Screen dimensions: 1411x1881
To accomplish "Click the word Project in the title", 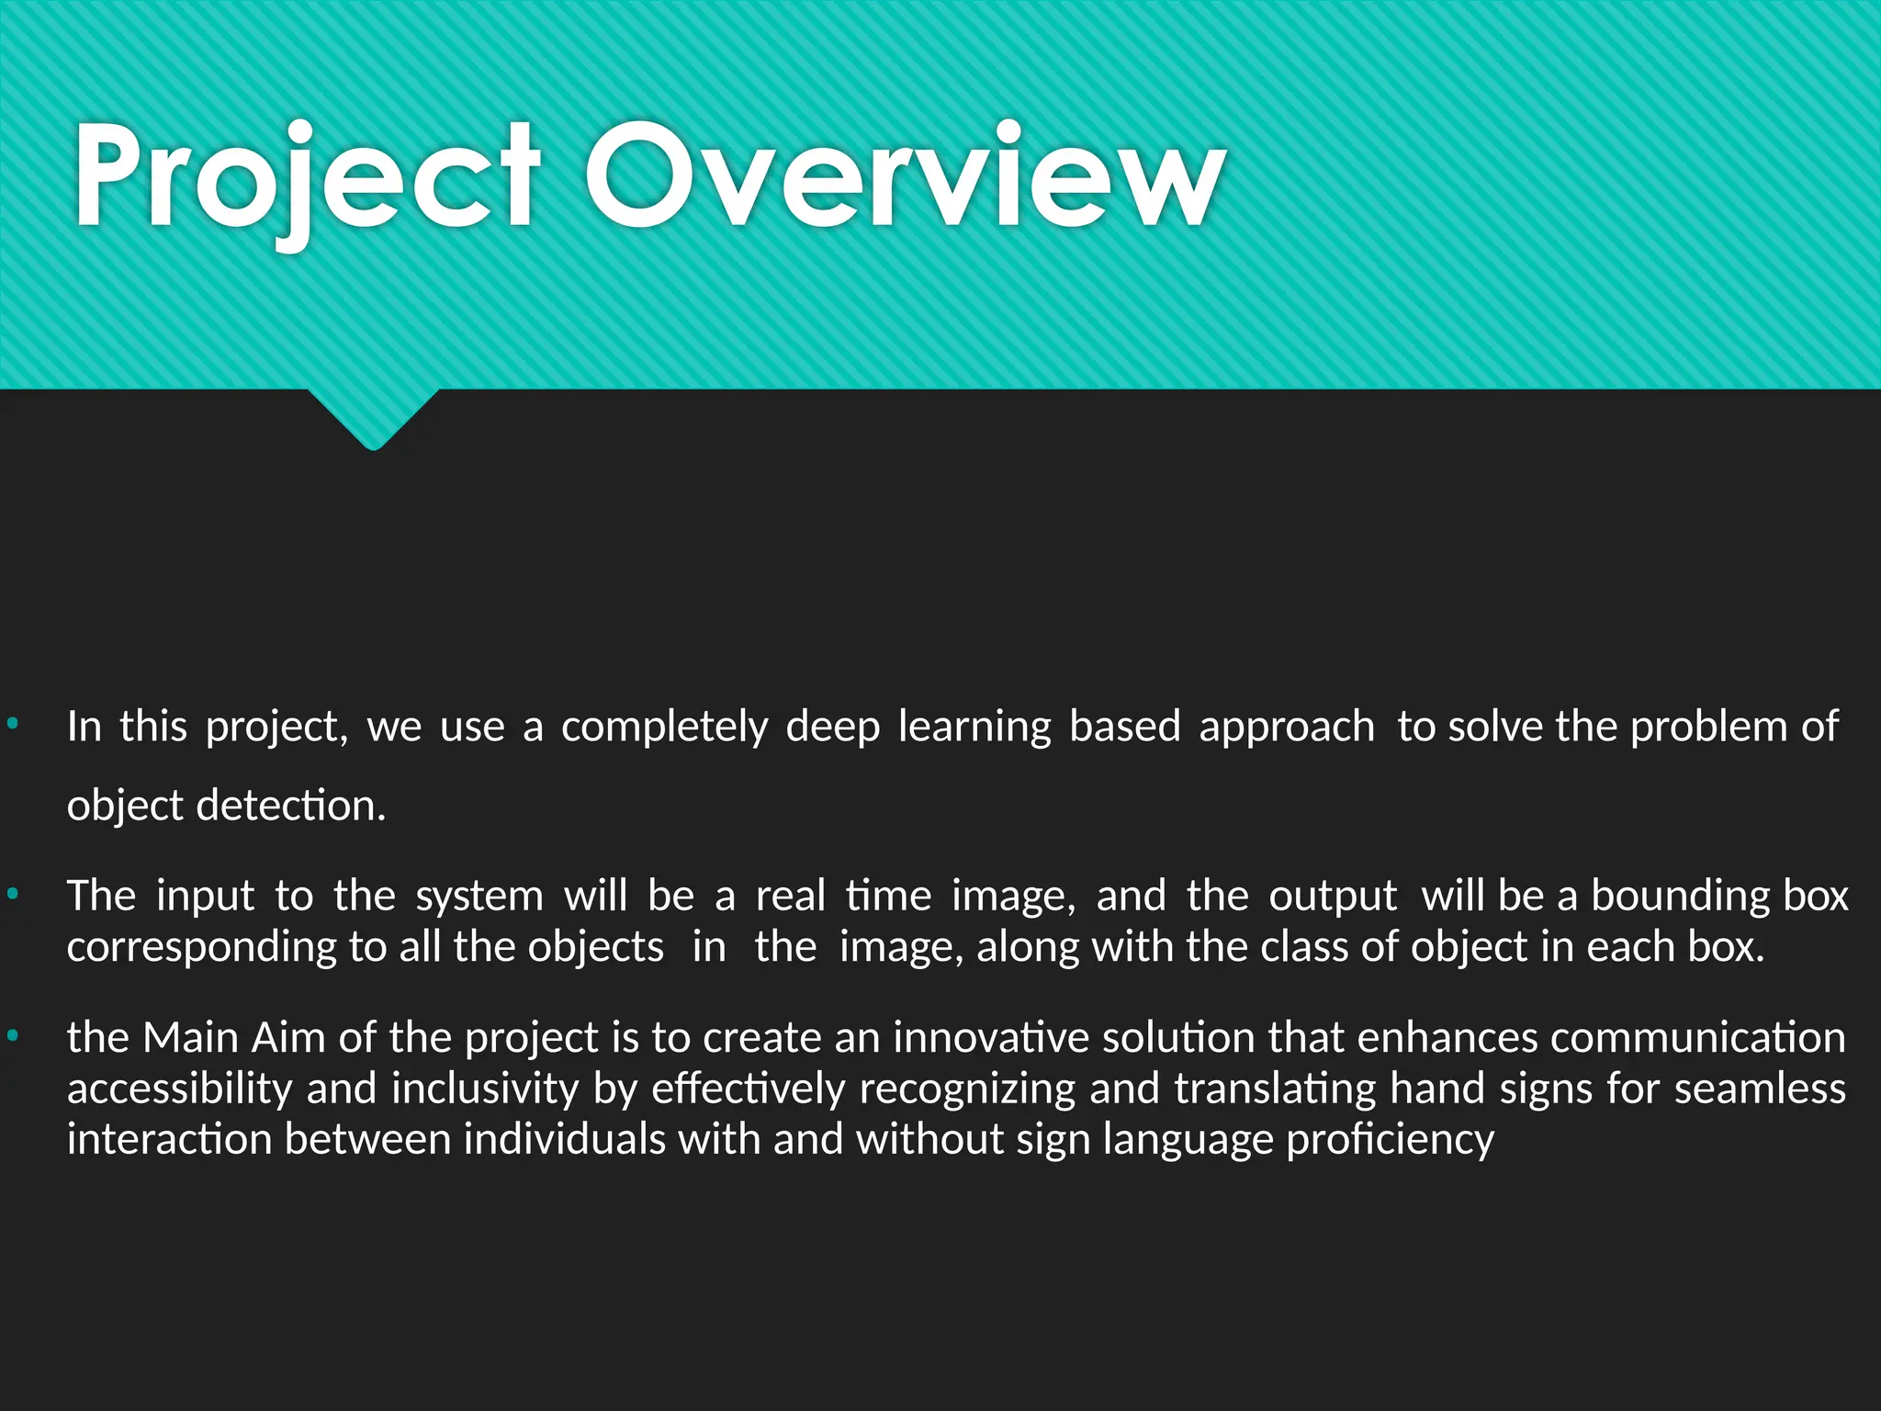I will click(x=307, y=176).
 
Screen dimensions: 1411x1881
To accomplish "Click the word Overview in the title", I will click(x=905, y=176).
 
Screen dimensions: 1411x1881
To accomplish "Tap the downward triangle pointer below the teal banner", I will click(x=374, y=418).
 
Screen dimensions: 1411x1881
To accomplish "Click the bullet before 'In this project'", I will click(x=12, y=725).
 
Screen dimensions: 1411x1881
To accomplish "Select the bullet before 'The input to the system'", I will click(x=12, y=894).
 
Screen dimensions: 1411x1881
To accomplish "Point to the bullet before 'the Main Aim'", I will click(x=12, y=1036).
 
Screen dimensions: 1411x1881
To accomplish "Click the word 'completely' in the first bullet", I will click(x=664, y=728).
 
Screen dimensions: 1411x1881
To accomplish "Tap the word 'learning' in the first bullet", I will click(x=974, y=728).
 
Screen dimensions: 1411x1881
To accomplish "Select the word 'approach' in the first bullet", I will click(x=1286, y=728).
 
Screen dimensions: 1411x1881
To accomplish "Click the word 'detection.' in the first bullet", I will click(x=291, y=806).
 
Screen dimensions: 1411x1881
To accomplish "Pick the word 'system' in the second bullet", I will click(x=479, y=896).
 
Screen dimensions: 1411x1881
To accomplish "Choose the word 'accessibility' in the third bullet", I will click(x=179, y=1089).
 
